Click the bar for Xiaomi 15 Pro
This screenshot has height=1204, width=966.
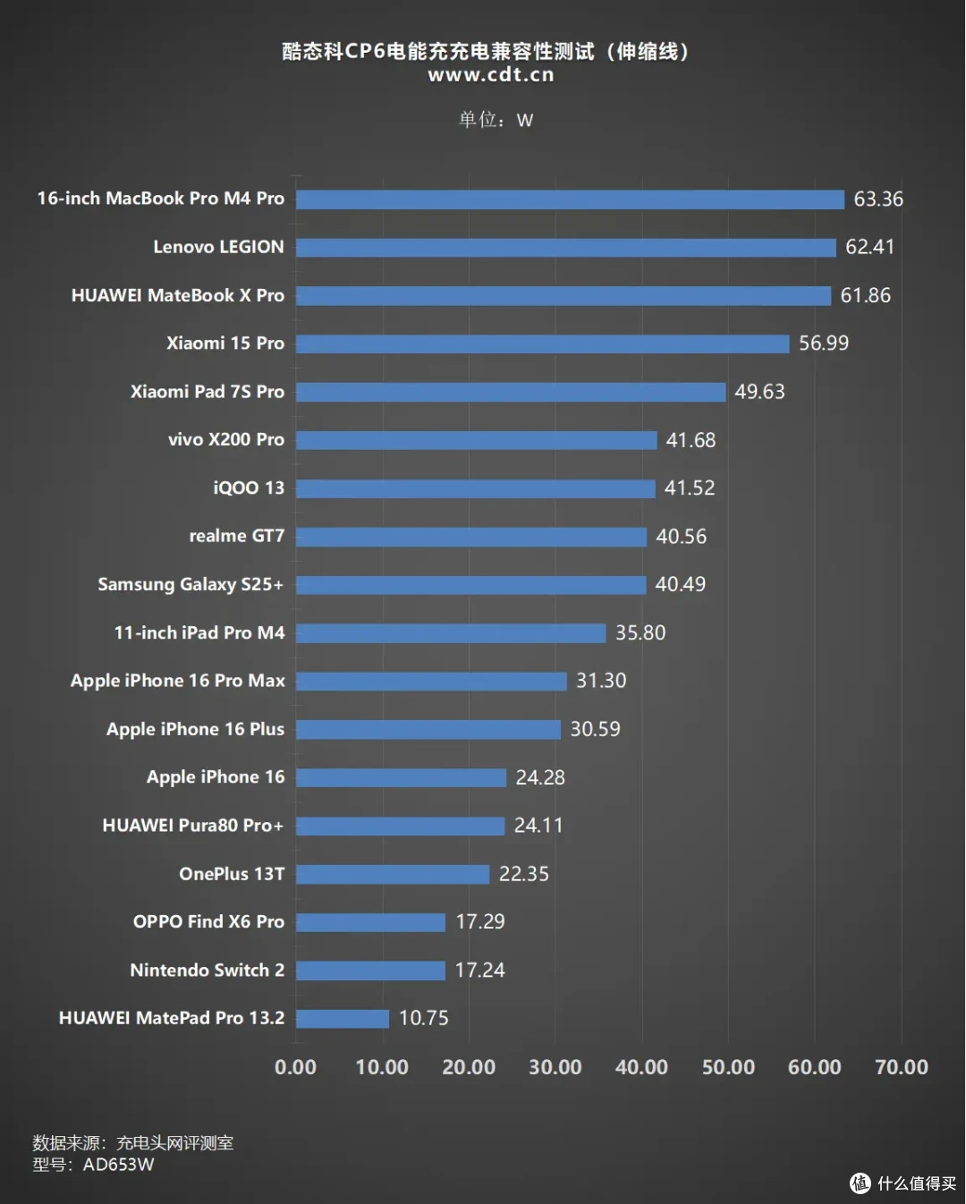pos(543,343)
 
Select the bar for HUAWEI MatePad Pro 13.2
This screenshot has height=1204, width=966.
pos(343,1018)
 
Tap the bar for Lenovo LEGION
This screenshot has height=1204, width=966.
pos(566,247)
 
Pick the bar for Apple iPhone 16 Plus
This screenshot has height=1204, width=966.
pos(428,730)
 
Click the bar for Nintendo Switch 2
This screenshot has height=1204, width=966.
pos(371,971)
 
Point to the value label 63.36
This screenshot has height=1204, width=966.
pos(878,199)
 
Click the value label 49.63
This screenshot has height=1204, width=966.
pos(759,392)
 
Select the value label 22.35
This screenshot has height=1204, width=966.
pos(523,874)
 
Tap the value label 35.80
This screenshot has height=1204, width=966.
pos(640,632)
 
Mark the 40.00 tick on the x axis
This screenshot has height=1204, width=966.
pos(641,1067)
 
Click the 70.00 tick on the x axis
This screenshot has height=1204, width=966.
pos(901,1067)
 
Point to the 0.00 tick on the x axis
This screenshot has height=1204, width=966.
pos(295,1067)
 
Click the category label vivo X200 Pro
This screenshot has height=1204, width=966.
pos(226,440)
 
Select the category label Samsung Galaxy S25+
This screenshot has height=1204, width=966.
pos(191,585)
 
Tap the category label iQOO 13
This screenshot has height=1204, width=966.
pos(249,488)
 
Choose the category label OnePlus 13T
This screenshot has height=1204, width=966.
pos(232,874)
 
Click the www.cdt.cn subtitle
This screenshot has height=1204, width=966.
pos(491,75)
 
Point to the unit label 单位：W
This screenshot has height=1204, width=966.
pos(496,120)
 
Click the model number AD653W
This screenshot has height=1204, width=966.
pos(118,1165)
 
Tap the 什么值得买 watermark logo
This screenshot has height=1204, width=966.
pos(902,1183)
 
